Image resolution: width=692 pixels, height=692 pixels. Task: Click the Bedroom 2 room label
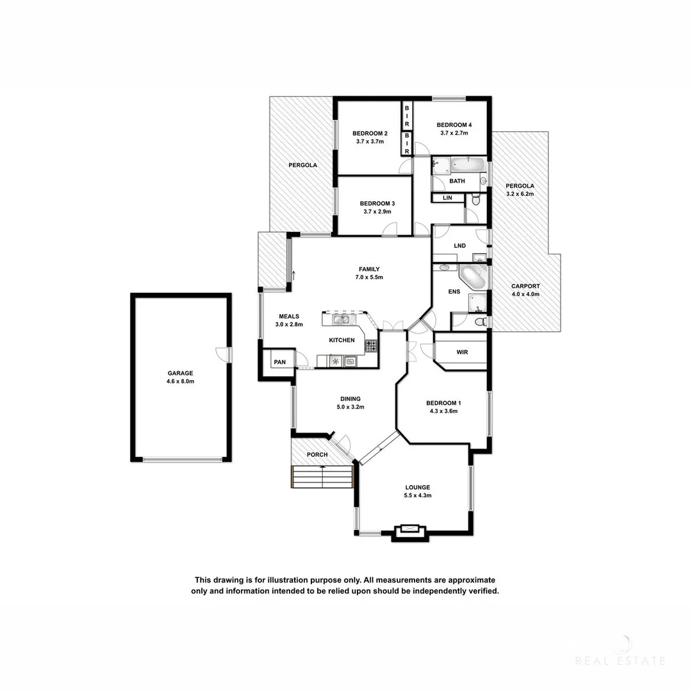coord(370,133)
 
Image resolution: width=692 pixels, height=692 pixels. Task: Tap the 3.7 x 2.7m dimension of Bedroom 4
coord(454,133)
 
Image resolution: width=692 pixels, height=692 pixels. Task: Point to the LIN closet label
coord(447,198)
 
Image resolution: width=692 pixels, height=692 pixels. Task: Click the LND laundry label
coord(459,245)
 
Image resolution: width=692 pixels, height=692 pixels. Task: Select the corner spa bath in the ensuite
coord(474,277)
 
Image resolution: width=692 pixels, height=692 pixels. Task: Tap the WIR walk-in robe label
coord(462,352)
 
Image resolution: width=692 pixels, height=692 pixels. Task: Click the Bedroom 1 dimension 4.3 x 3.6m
coord(443,411)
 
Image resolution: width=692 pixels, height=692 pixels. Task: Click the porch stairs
coord(322,477)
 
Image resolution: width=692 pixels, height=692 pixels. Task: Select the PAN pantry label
coord(279,362)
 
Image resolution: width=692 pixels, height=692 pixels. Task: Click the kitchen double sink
coord(340,318)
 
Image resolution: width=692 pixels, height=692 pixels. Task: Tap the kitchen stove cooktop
coord(371,346)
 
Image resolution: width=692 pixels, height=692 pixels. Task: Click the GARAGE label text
coord(180,373)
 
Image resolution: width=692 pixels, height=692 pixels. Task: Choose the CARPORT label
coord(525,286)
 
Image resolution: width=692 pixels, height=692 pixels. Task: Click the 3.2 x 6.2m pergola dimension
coord(520,194)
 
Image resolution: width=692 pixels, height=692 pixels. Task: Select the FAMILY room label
coord(369,269)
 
